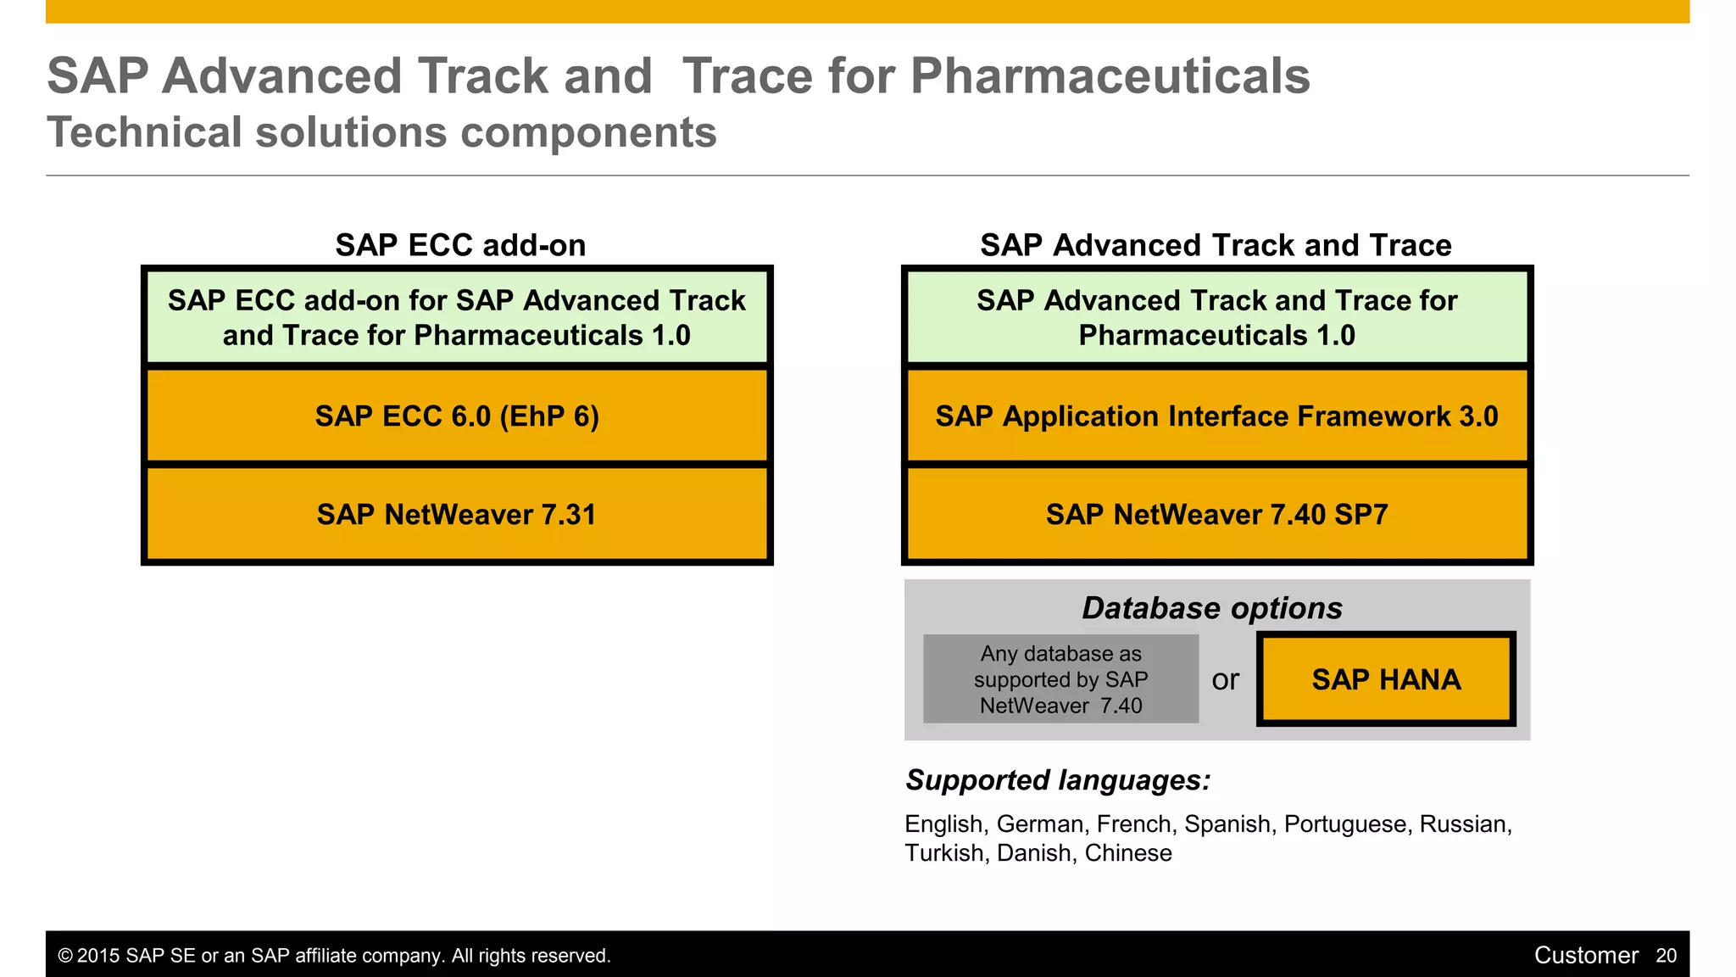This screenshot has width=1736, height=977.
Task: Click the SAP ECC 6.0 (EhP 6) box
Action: click(457, 416)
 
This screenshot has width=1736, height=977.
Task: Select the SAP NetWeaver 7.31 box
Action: click(457, 515)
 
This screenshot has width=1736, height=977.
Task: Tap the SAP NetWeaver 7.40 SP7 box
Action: click(1216, 515)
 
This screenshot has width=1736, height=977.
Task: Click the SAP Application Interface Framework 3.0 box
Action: click(1216, 416)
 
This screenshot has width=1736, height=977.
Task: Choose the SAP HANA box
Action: click(1386, 679)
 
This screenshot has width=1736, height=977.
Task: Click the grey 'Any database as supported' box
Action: click(1060, 679)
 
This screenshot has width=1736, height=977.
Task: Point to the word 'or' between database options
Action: click(1226, 679)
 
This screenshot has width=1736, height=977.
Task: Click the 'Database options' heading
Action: click(1212, 608)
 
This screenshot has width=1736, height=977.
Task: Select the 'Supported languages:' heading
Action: click(1058, 780)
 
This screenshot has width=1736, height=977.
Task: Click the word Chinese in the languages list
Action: click(1128, 853)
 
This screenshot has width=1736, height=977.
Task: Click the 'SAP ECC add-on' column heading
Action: click(460, 245)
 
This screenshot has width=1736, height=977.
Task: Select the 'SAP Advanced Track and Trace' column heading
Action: click(1216, 245)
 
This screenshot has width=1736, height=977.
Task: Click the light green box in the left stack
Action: click(457, 318)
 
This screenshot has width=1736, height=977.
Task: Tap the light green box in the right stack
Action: click(1216, 318)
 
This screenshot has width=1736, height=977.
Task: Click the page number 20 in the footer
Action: click(1666, 956)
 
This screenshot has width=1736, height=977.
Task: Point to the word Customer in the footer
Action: click(1586, 956)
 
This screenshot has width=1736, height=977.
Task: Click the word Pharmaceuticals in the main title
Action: click(1110, 76)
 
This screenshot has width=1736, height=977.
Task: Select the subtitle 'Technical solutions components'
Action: click(381, 133)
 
